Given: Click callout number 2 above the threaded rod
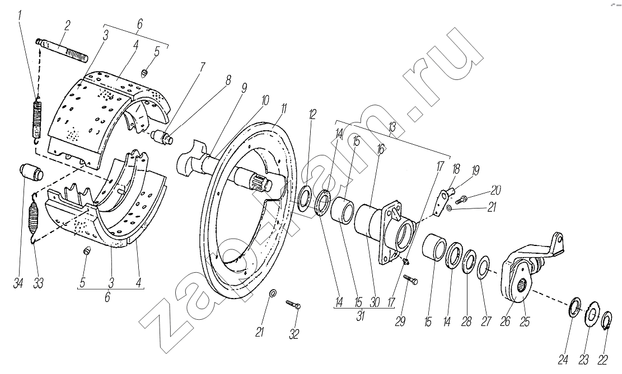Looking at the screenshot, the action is pos(67,26).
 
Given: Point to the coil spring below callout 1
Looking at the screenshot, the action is pos(37,120).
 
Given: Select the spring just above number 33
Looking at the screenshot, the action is pos(34,217).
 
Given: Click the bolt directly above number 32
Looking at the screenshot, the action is pos(293,305).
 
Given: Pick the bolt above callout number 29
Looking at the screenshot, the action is pos(410,279).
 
